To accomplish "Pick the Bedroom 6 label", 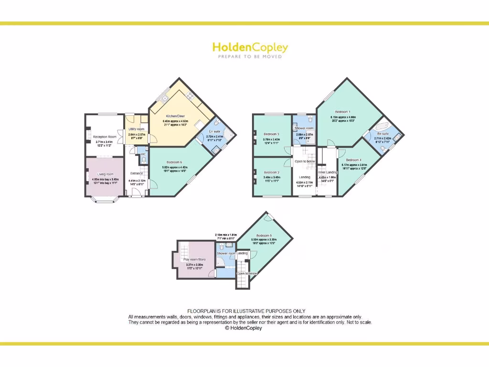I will (174, 162).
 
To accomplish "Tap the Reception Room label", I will (105, 137).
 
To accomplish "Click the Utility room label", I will (137, 129).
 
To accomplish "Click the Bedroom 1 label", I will (342, 112).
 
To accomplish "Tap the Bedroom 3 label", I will (272, 134).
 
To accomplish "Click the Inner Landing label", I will (328, 173).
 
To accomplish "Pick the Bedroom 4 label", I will (353, 160).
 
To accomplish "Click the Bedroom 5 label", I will (264, 236).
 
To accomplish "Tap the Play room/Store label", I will (194, 259).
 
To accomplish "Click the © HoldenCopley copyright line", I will (244, 328).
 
